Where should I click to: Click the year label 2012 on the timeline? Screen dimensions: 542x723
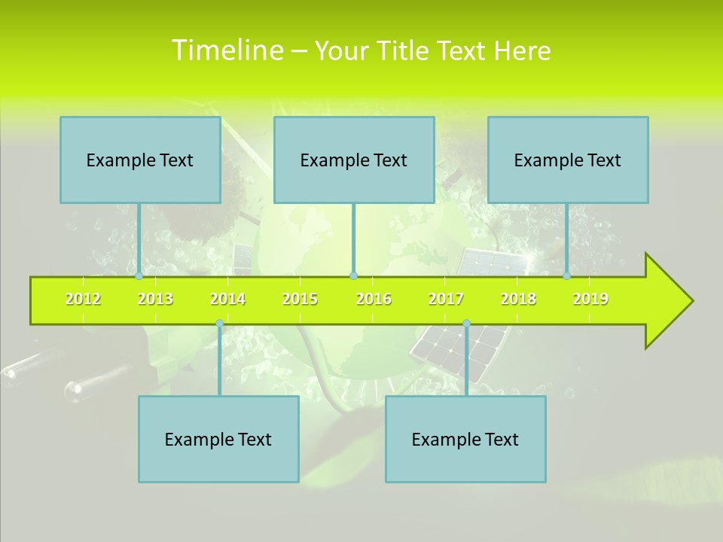tap(83, 299)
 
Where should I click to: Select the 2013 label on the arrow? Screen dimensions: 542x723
tap(155, 299)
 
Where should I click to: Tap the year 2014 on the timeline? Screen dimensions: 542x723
tap(227, 299)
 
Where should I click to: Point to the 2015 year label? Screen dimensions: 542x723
tap(300, 299)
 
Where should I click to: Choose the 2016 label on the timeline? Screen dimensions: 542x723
tap(374, 299)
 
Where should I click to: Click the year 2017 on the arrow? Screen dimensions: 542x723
tap(446, 299)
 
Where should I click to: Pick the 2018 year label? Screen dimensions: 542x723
tap(518, 299)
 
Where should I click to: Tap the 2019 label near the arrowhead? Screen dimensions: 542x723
tap(590, 299)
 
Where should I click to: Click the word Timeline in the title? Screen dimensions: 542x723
tap(227, 50)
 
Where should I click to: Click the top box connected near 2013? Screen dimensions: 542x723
tap(140, 160)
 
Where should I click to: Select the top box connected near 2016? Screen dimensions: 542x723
tap(354, 160)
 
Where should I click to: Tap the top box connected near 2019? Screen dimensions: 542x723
tap(568, 160)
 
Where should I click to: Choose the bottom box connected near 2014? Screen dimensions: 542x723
tap(218, 439)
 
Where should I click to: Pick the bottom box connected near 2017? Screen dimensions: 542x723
tap(465, 439)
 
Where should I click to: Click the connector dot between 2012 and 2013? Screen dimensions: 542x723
tap(139, 276)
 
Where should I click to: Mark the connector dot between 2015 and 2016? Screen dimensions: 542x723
tap(353, 276)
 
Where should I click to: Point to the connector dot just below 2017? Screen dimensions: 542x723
tap(466, 324)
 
